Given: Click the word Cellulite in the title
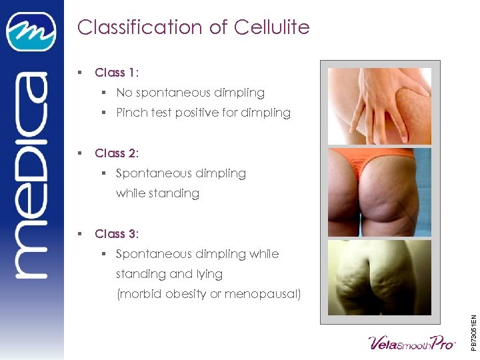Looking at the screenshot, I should pos(271,27).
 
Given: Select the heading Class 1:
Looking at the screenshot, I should pos(117,73).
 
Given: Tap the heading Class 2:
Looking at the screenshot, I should pos(117,153).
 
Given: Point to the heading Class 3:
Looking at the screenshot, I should pos(117,234).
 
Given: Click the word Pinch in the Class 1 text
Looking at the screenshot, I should pos(131,113).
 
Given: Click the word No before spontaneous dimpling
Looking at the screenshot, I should pos(124,93).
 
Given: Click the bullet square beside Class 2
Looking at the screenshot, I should pos(79,153).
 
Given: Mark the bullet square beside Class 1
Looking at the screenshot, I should pos(79,73).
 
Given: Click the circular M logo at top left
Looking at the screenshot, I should pos(31,31).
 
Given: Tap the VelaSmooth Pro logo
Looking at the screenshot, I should pos(411,343).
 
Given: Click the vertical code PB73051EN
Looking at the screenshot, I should pos(473,323).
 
